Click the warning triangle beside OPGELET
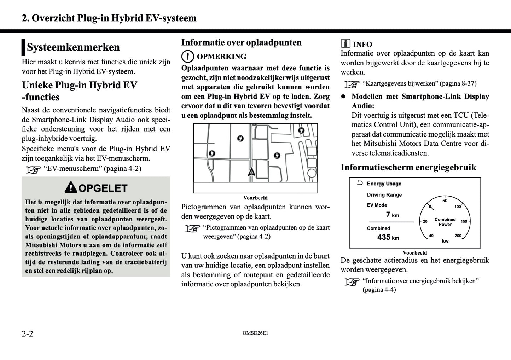[x=71, y=187]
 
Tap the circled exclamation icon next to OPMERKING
[x=188, y=57]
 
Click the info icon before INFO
[x=345, y=43]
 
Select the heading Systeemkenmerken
[x=73, y=47]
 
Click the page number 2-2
[x=28, y=333]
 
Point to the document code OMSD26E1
[x=255, y=333]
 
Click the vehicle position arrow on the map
[x=251, y=172]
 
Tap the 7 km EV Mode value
[x=392, y=215]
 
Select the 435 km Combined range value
[x=388, y=237]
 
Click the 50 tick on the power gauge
[x=445, y=201]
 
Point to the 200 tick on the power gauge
[x=458, y=236]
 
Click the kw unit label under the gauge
[x=445, y=241]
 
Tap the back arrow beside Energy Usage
[x=360, y=183]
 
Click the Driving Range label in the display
[x=384, y=194]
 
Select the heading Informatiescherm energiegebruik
[x=408, y=167]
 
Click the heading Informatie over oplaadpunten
[x=241, y=42]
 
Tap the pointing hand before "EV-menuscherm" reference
[x=33, y=170]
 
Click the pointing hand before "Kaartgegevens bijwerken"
[x=352, y=85]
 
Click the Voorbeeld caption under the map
[x=255, y=198]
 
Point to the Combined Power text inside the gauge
[x=445, y=222]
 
